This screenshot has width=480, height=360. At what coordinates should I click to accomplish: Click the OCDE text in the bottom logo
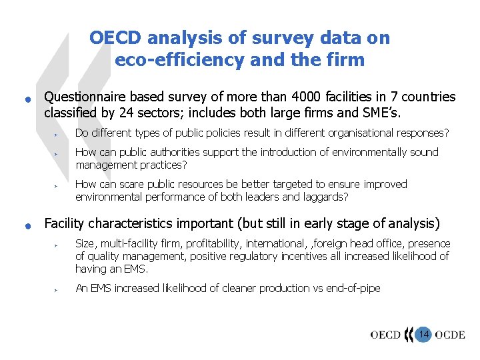tap(449, 335)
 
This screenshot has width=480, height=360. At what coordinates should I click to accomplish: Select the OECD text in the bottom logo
tap(385, 335)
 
